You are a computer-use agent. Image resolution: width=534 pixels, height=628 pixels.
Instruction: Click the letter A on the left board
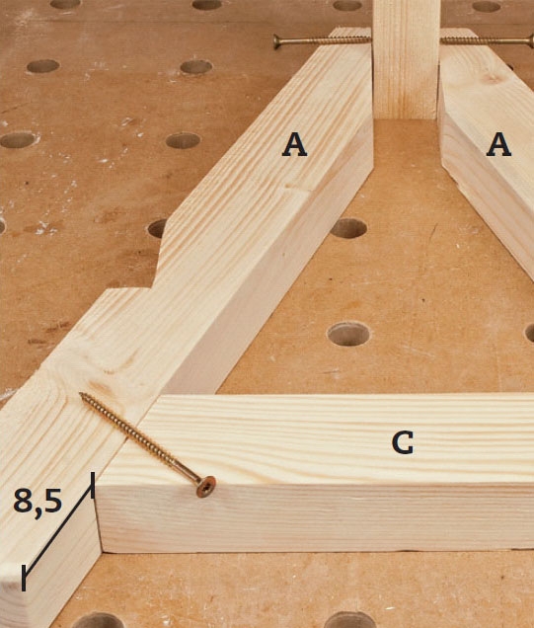click(294, 144)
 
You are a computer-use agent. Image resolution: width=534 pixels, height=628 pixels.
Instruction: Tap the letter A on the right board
click(498, 144)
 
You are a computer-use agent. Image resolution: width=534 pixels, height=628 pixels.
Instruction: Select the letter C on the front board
click(403, 443)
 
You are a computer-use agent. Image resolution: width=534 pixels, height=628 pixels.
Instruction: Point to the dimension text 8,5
click(38, 503)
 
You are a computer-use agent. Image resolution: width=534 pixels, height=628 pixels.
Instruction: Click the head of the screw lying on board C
click(205, 486)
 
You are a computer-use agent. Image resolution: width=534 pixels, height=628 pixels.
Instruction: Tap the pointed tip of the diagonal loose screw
click(81, 394)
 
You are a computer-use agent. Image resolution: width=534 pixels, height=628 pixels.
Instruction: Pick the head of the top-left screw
click(276, 41)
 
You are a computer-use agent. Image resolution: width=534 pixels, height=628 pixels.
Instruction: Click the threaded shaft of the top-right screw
click(485, 40)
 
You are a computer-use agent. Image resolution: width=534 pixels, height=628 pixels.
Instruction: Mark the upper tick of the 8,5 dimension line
click(93, 485)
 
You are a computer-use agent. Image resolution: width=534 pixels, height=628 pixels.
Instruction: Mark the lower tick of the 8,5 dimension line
click(24, 578)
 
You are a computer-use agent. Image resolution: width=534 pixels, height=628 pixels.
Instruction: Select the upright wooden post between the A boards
click(406, 59)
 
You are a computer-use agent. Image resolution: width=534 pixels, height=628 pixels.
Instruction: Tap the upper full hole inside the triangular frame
click(348, 228)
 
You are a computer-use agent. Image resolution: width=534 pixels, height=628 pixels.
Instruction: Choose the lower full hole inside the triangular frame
click(348, 334)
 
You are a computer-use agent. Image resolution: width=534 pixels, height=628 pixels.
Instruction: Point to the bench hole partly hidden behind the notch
click(158, 228)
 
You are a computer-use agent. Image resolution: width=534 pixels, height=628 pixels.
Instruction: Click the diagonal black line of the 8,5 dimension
click(58, 531)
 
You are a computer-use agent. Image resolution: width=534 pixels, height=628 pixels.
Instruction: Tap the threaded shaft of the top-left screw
click(325, 40)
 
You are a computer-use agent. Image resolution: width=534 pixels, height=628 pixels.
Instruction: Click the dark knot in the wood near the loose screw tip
click(98, 386)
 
